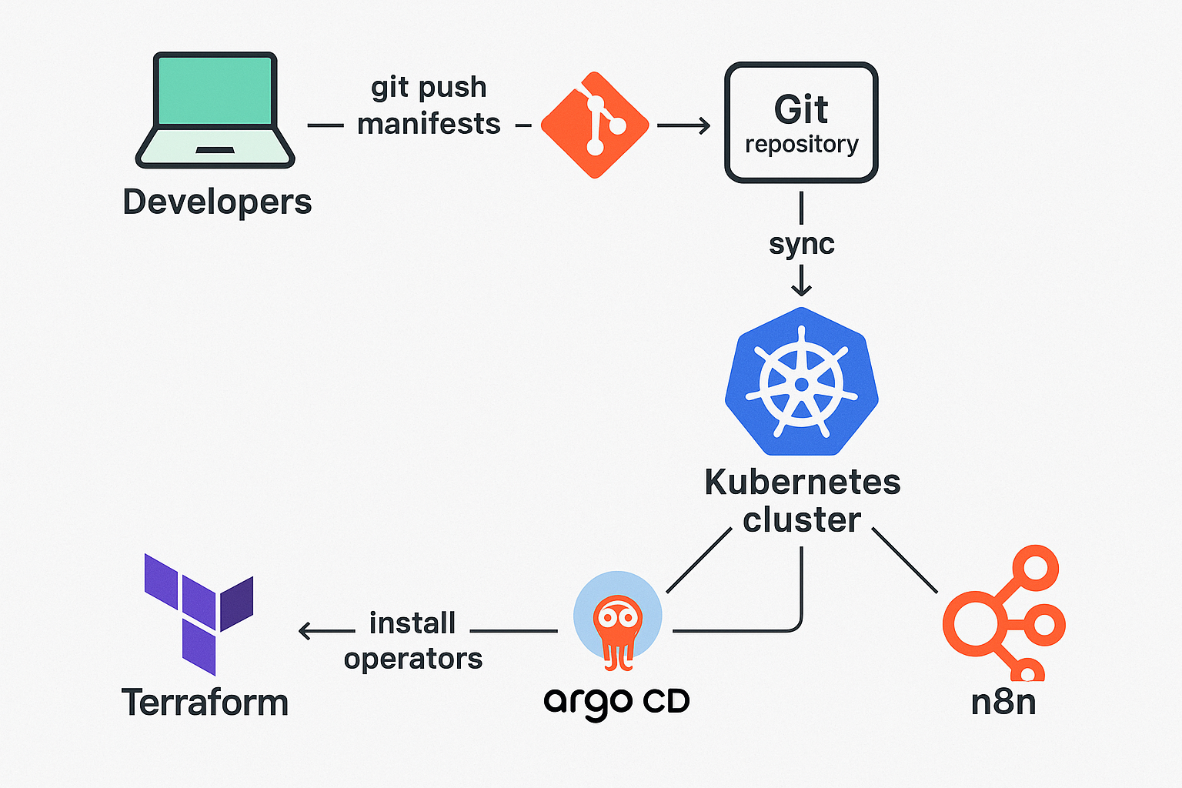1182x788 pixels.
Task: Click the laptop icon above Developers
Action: (x=215, y=109)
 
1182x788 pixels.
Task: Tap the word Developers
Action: (x=217, y=202)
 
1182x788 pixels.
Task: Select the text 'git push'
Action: (x=429, y=87)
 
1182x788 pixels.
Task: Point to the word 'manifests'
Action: (x=429, y=124)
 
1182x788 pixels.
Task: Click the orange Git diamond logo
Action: (x=595, y=125)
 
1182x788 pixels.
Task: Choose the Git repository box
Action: (x=801, y=123)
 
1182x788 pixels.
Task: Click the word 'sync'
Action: (x=801, y=244)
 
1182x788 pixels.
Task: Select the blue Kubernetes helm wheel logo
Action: (x=801, y=382)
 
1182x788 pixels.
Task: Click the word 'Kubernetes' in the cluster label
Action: (x=802, y=482)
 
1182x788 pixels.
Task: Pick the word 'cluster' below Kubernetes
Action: (x=801, y=520)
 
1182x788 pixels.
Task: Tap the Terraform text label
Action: (x=205, y=703)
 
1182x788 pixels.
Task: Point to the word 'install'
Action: (x=412, y=623)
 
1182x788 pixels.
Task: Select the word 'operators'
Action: (x=413, y=659)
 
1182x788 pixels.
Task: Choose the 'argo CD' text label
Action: (x=616, y=702)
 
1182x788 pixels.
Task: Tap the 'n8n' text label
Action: (x=1003, y=703)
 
